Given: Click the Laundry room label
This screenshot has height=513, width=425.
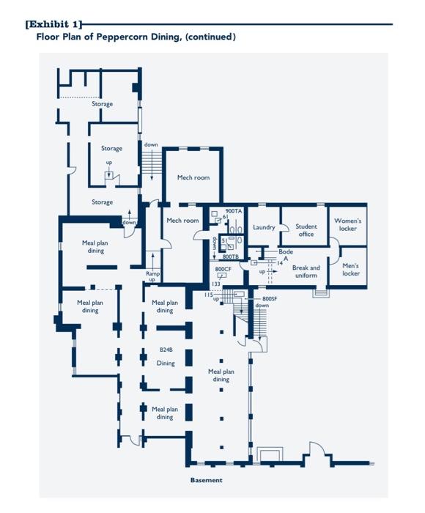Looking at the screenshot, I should [x=264, y=227].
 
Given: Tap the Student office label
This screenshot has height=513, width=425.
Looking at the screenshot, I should [x=306, y=230].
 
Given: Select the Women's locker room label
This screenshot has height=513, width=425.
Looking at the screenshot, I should [x=347, y=224].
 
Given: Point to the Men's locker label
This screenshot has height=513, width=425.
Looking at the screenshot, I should [x=351, y=270].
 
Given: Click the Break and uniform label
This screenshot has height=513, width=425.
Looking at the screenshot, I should [x=306, y=271].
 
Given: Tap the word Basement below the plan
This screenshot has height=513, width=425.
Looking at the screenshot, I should [x=206, y=481].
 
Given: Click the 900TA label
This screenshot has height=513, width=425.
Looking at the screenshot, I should [x=233, y=211].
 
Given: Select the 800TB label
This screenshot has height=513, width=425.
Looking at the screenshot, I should [x=230, y=257].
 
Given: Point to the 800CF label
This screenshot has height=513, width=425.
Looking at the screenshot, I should [x=223, y=270].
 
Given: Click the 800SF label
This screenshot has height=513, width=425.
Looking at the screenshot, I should [x=270, y=299].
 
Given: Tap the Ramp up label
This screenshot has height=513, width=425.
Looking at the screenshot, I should [x=152, y=276].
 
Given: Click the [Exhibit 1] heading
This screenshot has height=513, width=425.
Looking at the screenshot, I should [x=53, y=24].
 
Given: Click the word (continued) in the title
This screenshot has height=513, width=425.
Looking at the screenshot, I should [x=211, y=36].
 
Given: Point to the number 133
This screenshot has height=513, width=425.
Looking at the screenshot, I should [x=216, y=284].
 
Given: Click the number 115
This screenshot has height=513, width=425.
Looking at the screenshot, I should [x=208, y=295].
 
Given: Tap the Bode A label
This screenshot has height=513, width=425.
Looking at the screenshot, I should [x=285, y=255].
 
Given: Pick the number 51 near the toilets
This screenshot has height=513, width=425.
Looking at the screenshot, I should [x=224, y=240].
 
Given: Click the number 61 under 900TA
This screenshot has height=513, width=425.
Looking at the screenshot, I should [x=226, y=217].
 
